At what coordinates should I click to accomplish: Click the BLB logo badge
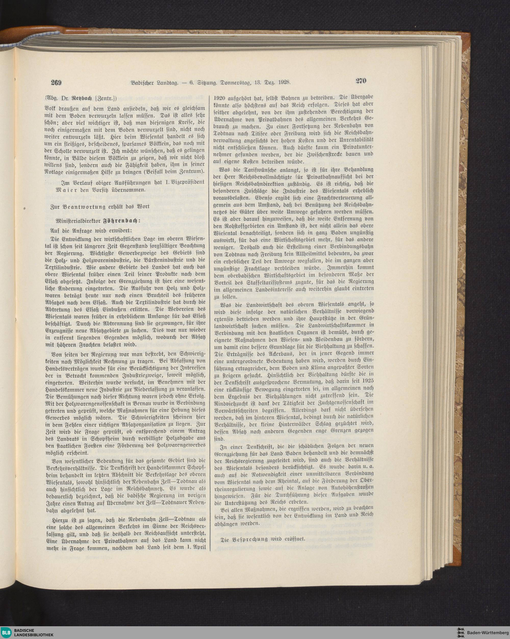[x=7, y=631]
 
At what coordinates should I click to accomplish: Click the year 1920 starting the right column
[x=219, y=97]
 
